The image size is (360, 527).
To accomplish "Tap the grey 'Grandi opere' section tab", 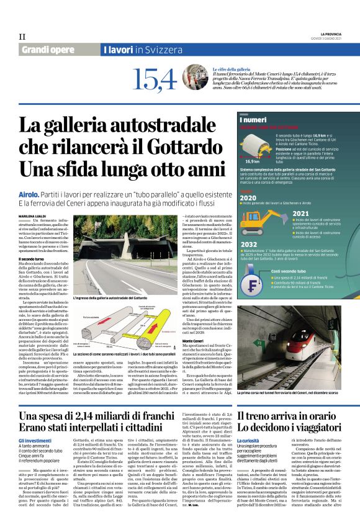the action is pos(47,49).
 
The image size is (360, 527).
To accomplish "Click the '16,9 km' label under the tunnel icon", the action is pos(253,161).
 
